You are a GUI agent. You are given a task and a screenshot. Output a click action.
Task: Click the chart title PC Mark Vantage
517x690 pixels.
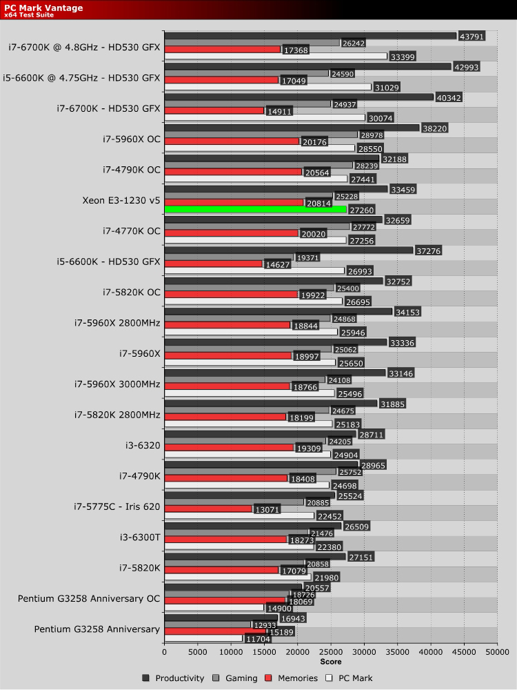[43, 8]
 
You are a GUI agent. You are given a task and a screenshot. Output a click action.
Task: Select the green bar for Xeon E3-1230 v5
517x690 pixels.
[255, 209]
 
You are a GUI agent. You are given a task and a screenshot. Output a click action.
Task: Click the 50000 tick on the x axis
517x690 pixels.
[497, 651]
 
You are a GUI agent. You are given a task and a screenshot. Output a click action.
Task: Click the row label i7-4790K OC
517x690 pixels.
[131, 169]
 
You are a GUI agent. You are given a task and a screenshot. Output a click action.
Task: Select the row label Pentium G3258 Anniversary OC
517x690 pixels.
[89, 598]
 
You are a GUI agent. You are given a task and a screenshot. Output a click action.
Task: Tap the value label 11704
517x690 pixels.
[258, 639]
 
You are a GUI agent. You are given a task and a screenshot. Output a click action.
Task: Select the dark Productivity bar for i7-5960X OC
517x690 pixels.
[292, 128]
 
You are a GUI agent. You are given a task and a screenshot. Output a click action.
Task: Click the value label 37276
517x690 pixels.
[427, 251]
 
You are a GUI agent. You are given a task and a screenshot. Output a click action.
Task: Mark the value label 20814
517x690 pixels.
[318, 203]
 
